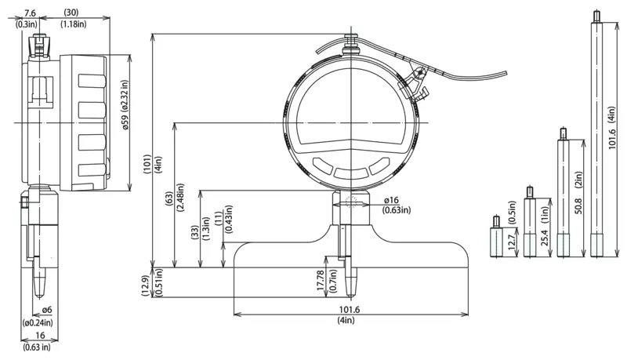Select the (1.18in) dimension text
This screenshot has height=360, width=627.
tap(73, 24)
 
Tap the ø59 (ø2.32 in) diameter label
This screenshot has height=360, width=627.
tap(125, 105)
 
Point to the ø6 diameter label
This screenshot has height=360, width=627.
tap(47, 310)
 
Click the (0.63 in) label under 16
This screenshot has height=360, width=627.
tap(36, 347)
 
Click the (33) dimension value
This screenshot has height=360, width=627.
tap(194, 232)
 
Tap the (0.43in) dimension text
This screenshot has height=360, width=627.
tap(229, 219)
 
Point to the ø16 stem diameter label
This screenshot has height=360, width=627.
tap(391, 201)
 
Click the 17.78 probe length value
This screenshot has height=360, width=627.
tap(321, 280)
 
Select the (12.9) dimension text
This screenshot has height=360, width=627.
tap(146, 285)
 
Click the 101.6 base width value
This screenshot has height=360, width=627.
tap(350, 310)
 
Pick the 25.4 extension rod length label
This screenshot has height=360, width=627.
tap(544, 238)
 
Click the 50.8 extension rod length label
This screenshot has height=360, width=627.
tap(578, 205)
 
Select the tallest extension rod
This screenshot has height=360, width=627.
tap(596, 134)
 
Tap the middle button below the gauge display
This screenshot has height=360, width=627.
tap(351, 173)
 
